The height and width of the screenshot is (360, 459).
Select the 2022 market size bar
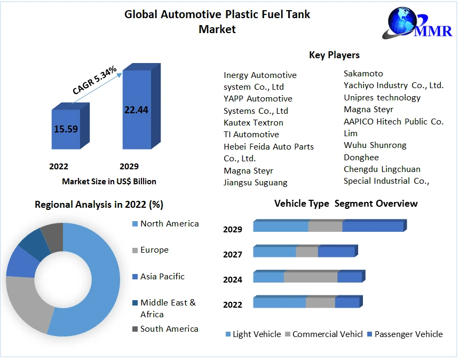pyautogui.click(x=66, y=129)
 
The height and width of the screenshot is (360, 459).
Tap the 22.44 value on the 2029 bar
pyautogui.click(x=136, y=110)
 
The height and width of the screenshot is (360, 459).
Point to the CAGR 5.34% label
pyautogui.click(x=94, y=81)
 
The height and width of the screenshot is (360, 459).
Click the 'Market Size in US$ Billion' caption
pyautogui.click(x=109, y=182)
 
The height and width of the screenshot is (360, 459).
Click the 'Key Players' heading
pyautogui.click(x=334, y=55)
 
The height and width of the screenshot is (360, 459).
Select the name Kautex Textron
pyautogui.click(x=254, y=123)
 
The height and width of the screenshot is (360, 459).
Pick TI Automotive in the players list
pyautogui.click(x=251, y=135)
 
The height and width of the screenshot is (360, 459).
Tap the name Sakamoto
pyautogui.click(x=363, y=74)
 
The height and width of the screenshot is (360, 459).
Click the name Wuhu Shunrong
pyautogui.click(x=375, y=145)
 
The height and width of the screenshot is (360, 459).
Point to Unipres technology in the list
pyautogui.click(x=382, y=98)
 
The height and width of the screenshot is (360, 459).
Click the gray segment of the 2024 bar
pyautogui.click(x=311, y=277)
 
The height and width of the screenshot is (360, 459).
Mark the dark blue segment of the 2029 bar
pyautogui.click(x=373, y=226)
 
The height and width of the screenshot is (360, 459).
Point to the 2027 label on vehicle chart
pyautogui.click(x=233, y=255)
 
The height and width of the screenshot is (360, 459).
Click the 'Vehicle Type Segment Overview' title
pyautogui.click(x=346, y=204)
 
